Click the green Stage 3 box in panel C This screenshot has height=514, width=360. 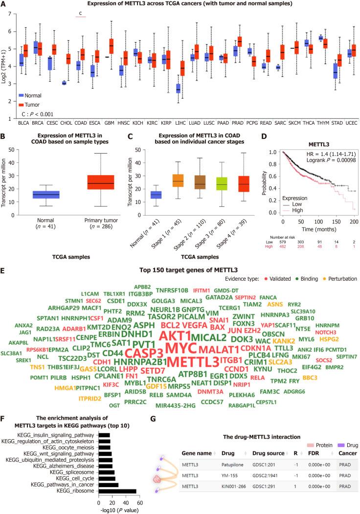[x=208, y=183]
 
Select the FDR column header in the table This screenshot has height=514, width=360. [x=314, y=462]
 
